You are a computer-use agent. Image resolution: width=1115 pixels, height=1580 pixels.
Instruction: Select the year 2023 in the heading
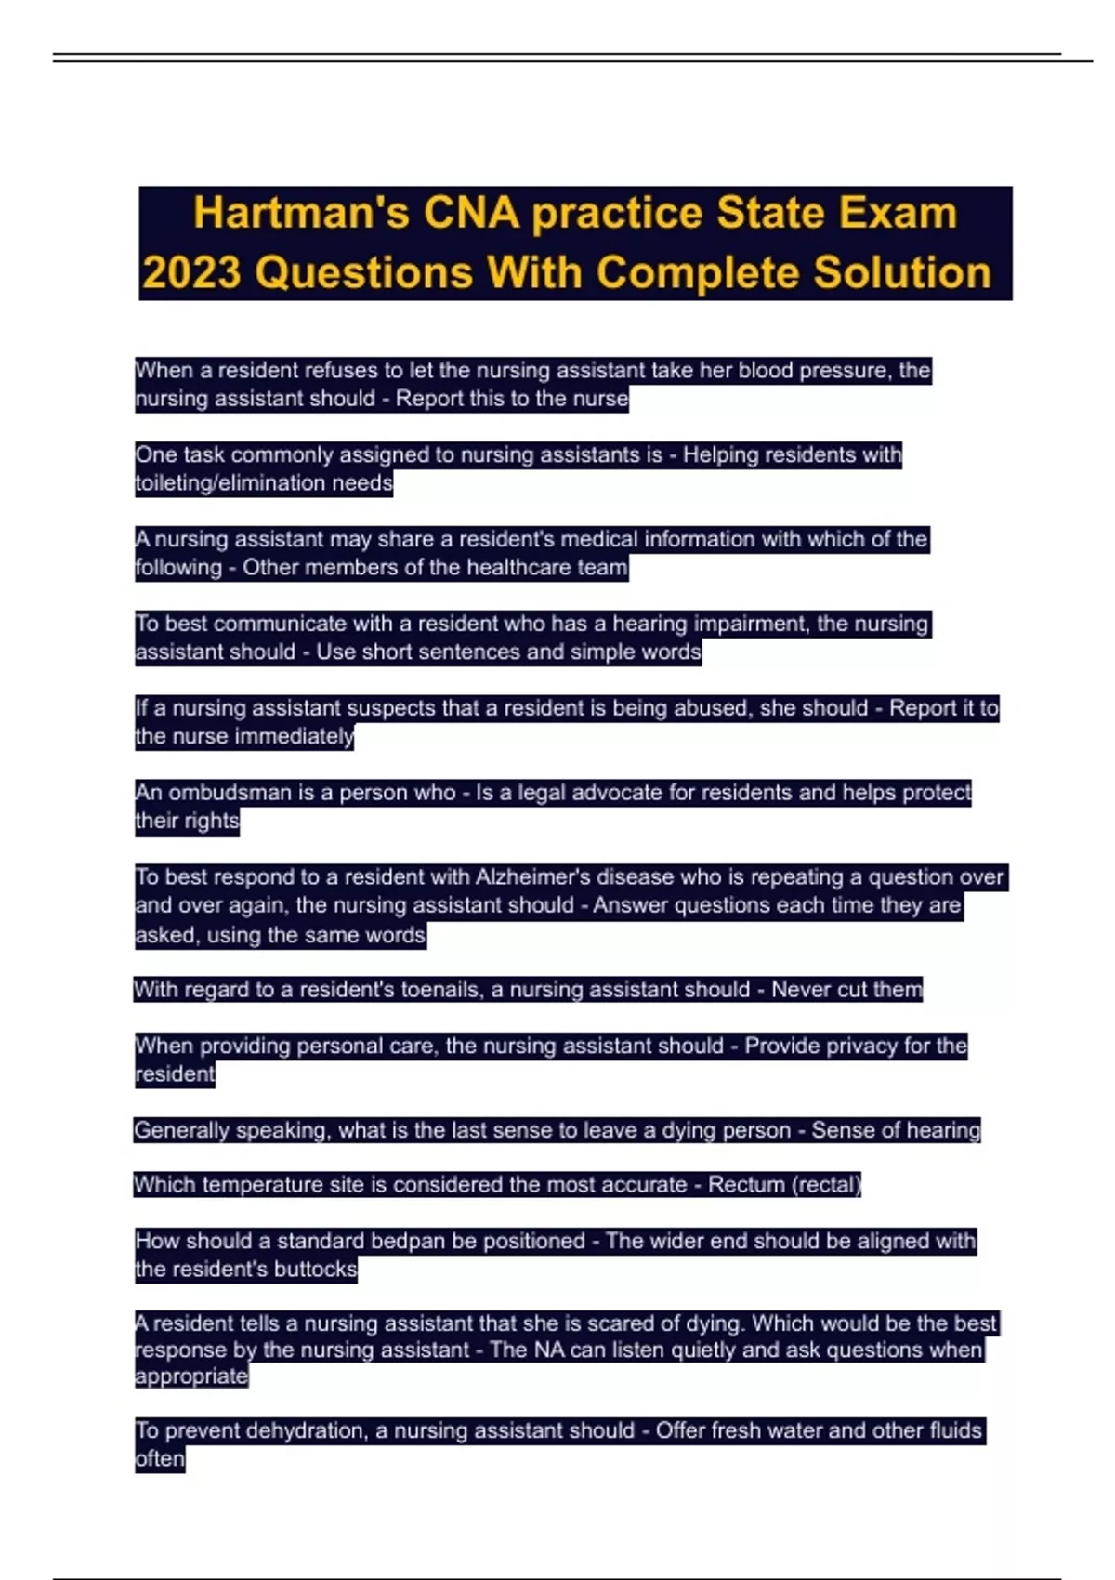(x=191, y=273)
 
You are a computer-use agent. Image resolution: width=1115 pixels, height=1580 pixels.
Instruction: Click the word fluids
(x=947, y=1430)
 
